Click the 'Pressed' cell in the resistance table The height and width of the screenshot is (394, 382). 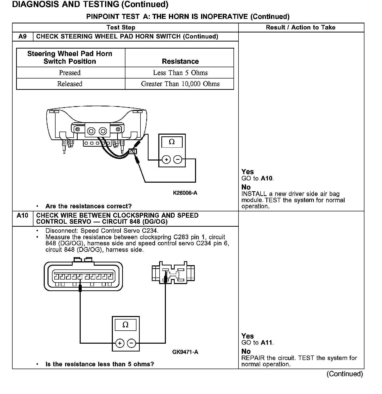(x=70, y=73)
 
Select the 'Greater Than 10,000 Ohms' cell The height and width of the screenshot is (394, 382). (x=180, y=84)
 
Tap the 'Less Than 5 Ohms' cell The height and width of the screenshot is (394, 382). (x=180, y=73)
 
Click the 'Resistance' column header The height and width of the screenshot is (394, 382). (x=180, y=61)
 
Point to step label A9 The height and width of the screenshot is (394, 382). (x=22, y=36)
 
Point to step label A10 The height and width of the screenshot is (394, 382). (x=22, y=215)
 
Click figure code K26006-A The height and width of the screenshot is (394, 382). (x=185, y=193)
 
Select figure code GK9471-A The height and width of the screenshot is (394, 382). (x=185, y=352)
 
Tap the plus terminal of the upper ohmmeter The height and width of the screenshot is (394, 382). (x=166, y=160)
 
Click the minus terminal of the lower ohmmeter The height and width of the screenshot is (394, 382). (x=131, y=343)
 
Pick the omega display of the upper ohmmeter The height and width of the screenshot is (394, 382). (x=172, y=142)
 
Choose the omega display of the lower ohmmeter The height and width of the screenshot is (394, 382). (x=125, y=325)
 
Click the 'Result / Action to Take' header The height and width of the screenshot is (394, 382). (x=301, y=27)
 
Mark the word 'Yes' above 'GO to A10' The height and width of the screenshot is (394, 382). (x=248, y=172)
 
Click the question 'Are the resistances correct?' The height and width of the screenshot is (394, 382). (x=88, y=206)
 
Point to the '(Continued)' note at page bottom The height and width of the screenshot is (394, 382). (x=345, y=374)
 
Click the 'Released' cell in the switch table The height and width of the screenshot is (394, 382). (x=70, y=84)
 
